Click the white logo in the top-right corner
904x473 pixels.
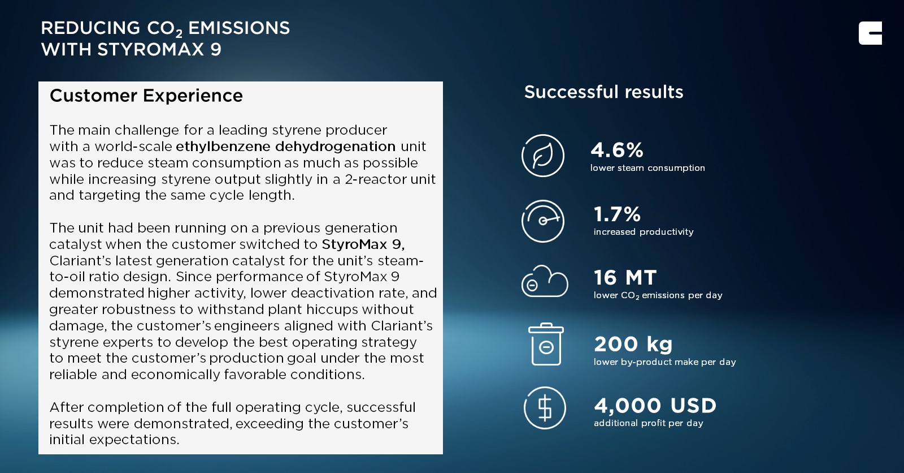pos(870,33)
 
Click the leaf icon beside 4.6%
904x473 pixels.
pos(543,156)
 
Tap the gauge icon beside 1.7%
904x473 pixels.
pos(543,221)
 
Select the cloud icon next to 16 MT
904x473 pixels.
pos(545,282)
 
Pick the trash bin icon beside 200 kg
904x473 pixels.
pos(546,345)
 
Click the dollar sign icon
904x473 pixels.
pos(545,408)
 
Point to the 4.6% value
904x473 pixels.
pos(616,150)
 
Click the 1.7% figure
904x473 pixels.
pos(617,214)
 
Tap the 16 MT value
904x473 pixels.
pos(625,278)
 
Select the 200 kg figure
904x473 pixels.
pos(633,344)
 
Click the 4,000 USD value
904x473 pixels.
pos(655,406)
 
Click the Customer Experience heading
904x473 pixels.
pos(146,96)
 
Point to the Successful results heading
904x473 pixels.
pos(603,92)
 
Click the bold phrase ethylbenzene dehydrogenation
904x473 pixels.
pos(285,147)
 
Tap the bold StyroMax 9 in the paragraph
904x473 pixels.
pos(363,244)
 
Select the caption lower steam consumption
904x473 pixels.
pos(647,168)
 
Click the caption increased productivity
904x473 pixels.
pos(644,232)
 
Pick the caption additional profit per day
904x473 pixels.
pos(648,423)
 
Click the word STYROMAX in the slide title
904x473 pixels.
pos(150,50)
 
